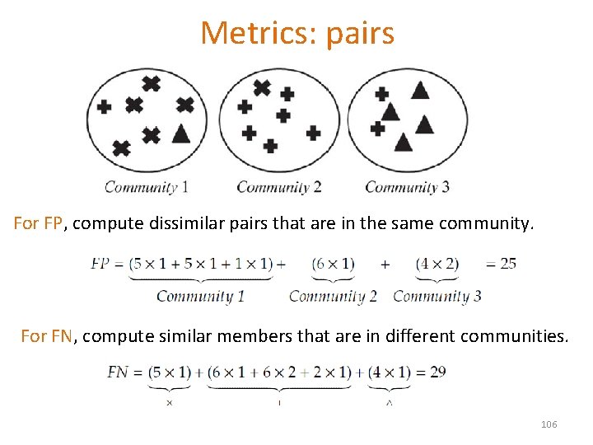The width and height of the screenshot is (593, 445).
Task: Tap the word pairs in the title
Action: [x=360, y=34]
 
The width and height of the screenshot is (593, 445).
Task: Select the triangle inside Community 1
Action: [x=181, y=132]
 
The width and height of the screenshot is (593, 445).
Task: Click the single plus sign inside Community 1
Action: [x=105, y=107]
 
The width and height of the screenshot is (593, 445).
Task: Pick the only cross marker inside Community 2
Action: [x=261, y=87]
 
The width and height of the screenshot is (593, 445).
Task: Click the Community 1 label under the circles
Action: [x=146, y=187]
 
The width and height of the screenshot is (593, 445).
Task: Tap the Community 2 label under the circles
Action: [x=278, y=187]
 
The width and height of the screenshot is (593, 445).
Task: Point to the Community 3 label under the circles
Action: [x=407, y=187]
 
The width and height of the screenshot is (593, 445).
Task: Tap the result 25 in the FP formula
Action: [x=507, y=264]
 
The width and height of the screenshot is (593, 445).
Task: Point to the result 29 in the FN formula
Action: [x=437, y=372]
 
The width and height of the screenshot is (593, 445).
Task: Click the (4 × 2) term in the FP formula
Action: [x=437, y=264]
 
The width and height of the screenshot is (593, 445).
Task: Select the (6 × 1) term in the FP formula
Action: [x=333, y=264]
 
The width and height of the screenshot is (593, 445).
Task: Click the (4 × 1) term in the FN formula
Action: [x=389, y=372]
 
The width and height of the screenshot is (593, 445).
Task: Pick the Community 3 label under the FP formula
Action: [x=437, y=296]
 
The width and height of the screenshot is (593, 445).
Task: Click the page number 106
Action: [x=549, y=424]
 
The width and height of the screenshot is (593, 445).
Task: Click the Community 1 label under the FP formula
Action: [x=200, y=296]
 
